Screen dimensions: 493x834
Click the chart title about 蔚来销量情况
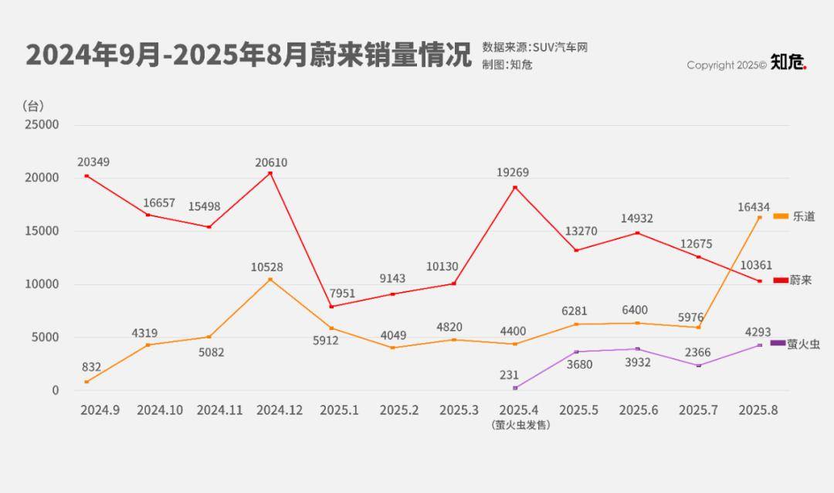click(248, 56)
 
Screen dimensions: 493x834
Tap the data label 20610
click(271, 162)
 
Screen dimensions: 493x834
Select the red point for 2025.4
click(515, 187)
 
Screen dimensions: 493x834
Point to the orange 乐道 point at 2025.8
click(759, 217)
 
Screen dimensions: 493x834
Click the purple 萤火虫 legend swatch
click(778, 342)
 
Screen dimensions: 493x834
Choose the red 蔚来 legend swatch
click(780, 280)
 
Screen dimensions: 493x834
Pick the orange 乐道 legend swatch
click(781, 216)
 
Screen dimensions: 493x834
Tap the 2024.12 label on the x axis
click(279, 410)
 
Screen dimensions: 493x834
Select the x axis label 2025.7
click(698, 410)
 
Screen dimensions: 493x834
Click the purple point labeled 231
click(515, 388)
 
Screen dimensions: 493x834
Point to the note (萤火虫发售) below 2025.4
click(520, 425)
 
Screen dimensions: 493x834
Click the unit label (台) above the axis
click(34, 105)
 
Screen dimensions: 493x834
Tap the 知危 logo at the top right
click(788, 63)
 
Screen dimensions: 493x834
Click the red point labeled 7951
click(331, 307)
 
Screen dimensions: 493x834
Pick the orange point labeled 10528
click(270, 279)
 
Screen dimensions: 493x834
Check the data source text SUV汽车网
click(534, 47)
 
